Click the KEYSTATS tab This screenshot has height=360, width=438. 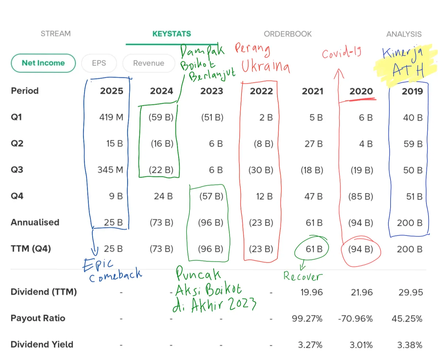tap(172, 34)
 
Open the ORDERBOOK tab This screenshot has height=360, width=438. tap(288, 34)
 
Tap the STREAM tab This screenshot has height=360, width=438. tap(55, 34)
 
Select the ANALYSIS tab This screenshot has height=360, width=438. tap(404, 34)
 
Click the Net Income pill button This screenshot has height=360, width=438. tap(43, 63)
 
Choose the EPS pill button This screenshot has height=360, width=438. tap(99, 63)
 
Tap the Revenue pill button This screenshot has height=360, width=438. tap(149, 63)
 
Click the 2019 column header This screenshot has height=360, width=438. tap(412, 91)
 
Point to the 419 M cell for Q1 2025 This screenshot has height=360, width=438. tap(111, 117)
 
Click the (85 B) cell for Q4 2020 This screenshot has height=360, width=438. tap(360, 196)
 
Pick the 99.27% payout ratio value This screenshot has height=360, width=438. tap(307, 318)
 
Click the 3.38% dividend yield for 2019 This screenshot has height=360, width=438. tap(410, 345)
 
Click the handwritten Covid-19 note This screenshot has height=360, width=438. tap(342, 53)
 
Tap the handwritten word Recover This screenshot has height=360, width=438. tap(303, 276)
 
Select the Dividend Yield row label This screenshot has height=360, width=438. tap(42, 345)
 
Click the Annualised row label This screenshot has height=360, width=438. tap(35, 222)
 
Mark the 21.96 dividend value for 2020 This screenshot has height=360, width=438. tap(361, 292)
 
